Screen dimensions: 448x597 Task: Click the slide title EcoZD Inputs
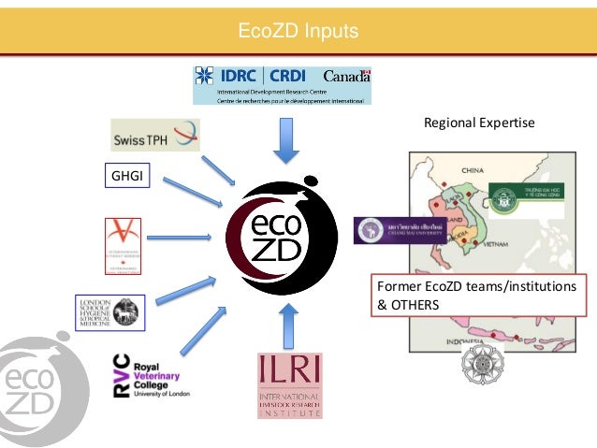pyautogui.click(x=298, y=32)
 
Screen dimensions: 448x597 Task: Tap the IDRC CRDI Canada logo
pyautogui.click(x=282, y=83)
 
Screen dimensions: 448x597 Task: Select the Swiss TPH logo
pyautogui.click(x=154, y=136)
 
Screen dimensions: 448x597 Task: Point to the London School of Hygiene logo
pyautogui.click(x=109, y=312)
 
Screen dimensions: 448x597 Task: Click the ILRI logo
pyautogui.click(x=289, y=384)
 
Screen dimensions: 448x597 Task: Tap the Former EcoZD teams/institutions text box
pyautogui.click(x=473, y=296)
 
